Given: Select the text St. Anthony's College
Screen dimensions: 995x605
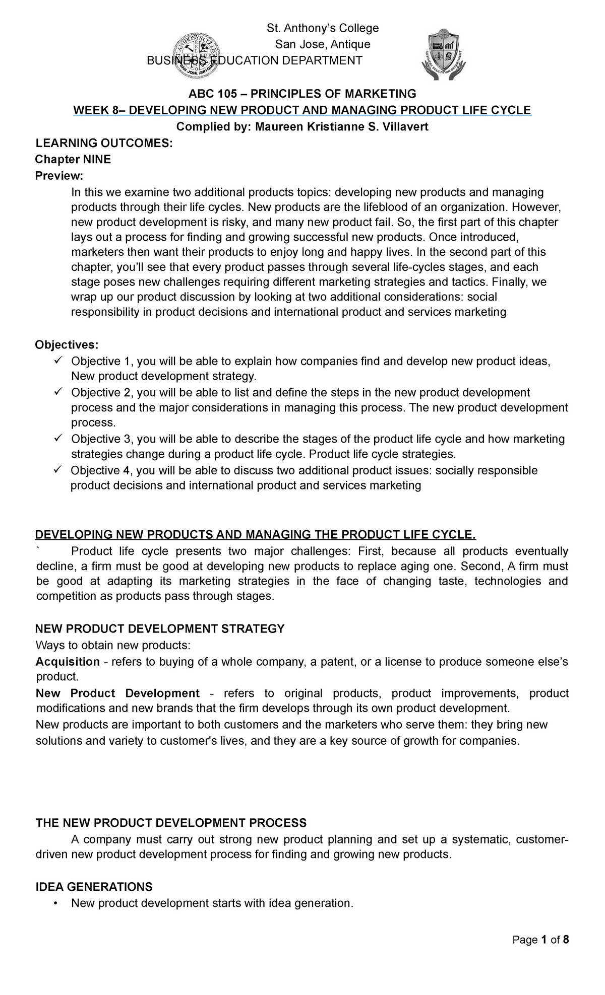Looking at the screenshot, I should click(322, 28).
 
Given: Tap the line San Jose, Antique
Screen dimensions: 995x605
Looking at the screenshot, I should click(322, 44).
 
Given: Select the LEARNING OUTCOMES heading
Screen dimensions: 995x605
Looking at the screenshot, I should click(103, 144).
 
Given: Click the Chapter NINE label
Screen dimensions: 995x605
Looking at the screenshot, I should click(73, 160).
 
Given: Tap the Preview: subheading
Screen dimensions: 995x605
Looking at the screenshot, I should click(57, 176).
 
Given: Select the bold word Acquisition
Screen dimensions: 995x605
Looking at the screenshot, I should click(68, 662).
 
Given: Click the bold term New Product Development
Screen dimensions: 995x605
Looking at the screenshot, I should click(118, 693).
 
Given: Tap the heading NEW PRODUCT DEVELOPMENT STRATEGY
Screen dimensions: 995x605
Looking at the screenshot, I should click(160, 628).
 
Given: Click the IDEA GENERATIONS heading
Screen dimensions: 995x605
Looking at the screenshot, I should click(94, 887).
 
